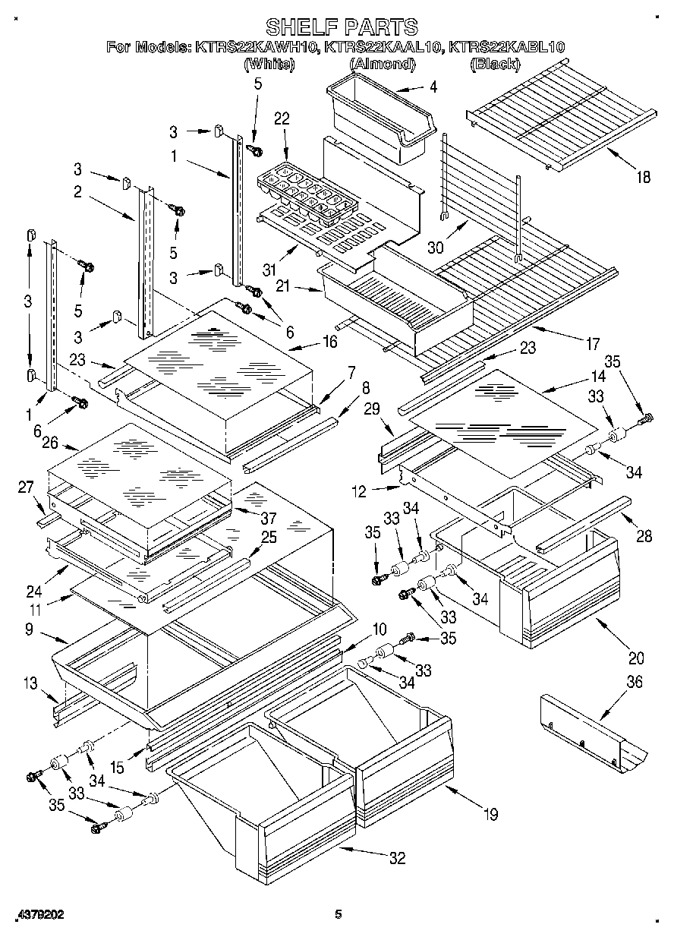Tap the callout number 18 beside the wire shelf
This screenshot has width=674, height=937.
pos(642,178)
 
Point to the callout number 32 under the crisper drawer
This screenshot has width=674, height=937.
pos(396,859)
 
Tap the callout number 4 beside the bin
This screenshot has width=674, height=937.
pos(433,87)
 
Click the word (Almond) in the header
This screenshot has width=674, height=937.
pos(382,65)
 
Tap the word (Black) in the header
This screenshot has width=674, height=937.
pos(495,65)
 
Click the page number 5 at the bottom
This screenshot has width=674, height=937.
pos(339,915)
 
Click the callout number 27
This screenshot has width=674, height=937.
pos(25,487)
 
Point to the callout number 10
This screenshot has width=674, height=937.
pos(380,629)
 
